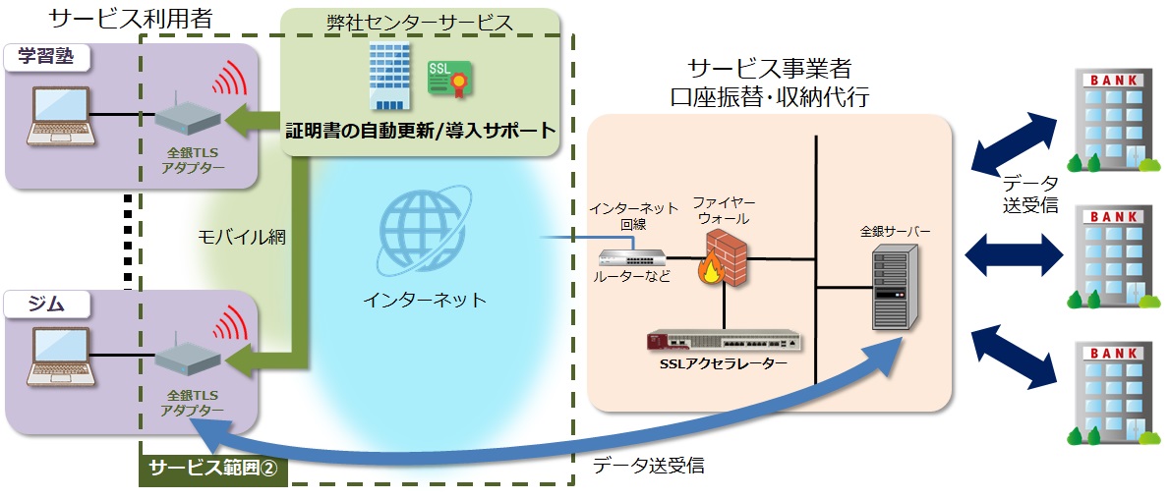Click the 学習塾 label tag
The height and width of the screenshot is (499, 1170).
[x=46, y=56]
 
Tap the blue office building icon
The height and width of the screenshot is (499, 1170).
[x=388, y=76]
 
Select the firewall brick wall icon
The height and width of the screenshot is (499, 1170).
[x=725, y=258]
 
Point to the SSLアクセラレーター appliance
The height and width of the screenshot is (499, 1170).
[x=725, y=341]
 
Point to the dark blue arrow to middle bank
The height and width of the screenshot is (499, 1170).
[x=1014, y=255]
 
